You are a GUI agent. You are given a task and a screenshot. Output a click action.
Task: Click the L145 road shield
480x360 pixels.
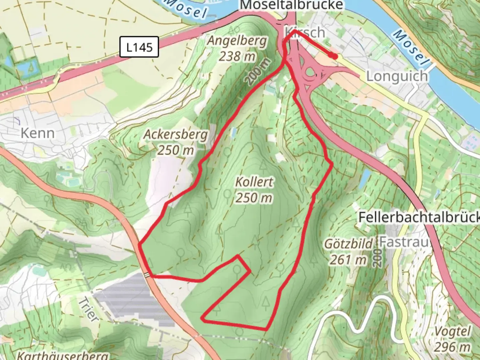click(x=139, y=47)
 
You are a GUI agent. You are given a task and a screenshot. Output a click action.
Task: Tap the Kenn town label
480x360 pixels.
click(x=37, y=133)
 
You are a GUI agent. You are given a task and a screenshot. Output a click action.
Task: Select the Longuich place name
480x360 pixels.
click(x=397, y=76)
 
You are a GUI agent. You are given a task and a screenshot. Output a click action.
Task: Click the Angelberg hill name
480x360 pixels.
click(x=237, y=41)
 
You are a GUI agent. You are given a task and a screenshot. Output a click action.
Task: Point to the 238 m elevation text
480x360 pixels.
click(x=237, y=56)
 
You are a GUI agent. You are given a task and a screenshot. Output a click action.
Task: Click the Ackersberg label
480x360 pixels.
click(x=176, y=134)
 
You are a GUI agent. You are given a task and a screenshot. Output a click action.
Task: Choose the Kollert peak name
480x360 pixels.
click(x=254, y=182)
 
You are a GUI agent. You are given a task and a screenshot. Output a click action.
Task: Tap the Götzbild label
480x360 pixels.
click(x=349, y=244)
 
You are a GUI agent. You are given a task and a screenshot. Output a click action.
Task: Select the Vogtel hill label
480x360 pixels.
click(x=453, y=332)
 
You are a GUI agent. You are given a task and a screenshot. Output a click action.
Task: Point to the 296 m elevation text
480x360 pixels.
click(x=452, y=347)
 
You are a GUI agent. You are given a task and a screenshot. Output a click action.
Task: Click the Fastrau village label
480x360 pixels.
click(x=404, y=242)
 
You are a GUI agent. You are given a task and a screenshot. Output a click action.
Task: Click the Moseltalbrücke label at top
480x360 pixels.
click(x=291, y=5)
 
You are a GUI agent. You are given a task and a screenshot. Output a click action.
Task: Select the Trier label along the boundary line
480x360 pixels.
click(x=89, y=309)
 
